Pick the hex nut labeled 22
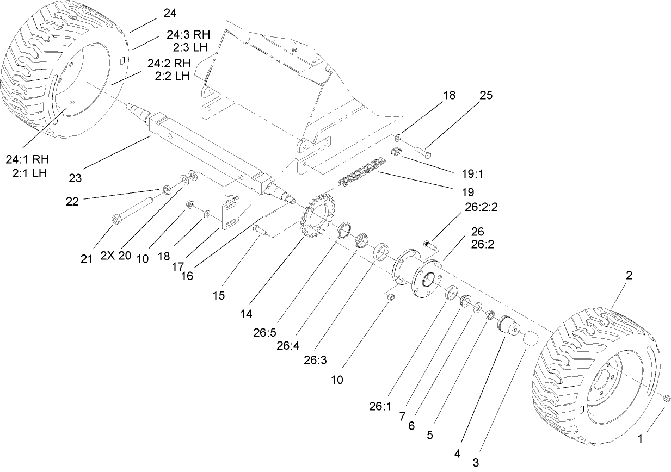tap(169, 189)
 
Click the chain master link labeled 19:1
tap(397, 152)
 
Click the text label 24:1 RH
tap(28, 160)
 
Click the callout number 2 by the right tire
tap(629, 275)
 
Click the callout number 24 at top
tap(169, 13)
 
